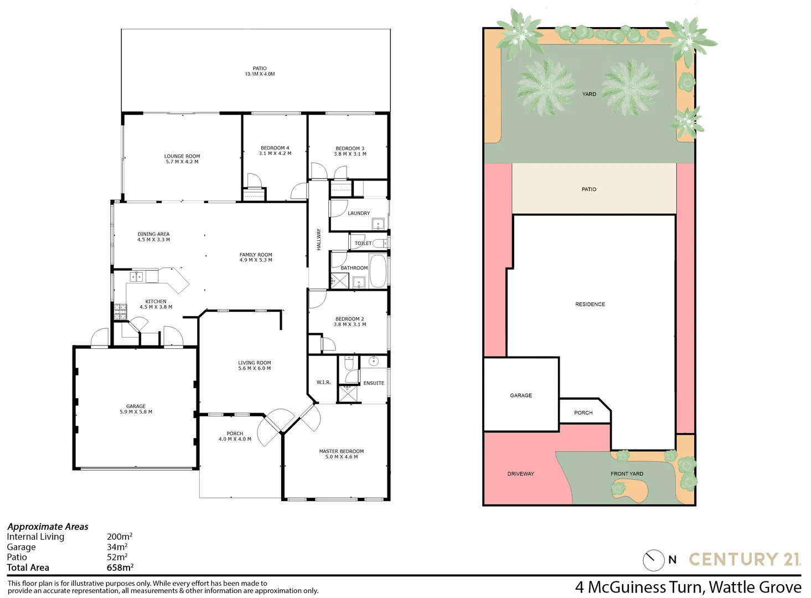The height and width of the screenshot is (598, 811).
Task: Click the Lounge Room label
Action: click(182, 156)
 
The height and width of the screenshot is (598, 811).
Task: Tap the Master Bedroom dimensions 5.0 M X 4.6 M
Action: click(341, 457)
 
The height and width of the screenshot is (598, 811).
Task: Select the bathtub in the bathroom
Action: click(378, 271)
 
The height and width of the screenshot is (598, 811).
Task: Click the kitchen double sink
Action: click(137, 276)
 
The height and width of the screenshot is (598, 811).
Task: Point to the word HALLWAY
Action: click(319, 240)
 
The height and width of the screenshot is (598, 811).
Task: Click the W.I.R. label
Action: click(323, 383)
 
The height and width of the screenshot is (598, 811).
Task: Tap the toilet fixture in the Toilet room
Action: click(380, 243)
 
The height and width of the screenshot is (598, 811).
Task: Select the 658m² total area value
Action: click(120, 568)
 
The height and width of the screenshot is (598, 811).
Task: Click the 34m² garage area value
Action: click(117, 547)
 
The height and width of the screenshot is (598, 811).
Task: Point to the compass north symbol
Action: click(654, 560)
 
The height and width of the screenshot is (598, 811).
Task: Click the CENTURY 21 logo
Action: click(745, 559)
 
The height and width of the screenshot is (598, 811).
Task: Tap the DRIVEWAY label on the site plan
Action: click(520, 474)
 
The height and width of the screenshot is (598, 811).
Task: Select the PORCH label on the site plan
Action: click(583, 413)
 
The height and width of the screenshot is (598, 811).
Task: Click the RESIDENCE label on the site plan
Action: click(590, 305)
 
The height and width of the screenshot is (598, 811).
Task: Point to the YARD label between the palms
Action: click(589, 94)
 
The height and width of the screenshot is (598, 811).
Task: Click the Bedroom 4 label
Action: click(275, 148)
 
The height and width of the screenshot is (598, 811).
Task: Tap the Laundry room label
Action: click(359, 213)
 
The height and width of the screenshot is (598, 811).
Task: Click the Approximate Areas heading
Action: click(48, 527)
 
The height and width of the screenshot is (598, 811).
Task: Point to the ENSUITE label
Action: click(374, 383)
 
